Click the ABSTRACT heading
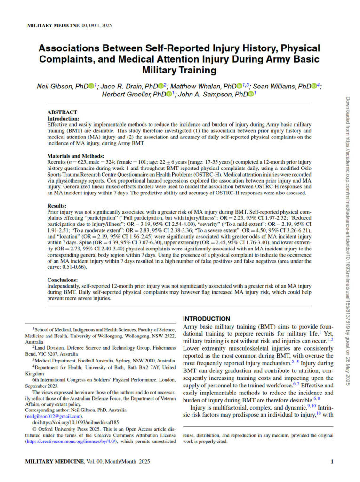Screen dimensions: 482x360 coord(62,112)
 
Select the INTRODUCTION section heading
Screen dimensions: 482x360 coord(207,319)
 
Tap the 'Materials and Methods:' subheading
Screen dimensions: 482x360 coord(74,156)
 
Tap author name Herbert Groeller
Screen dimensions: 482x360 coord(124,94)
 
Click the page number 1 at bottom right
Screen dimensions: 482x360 coord(332,462)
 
